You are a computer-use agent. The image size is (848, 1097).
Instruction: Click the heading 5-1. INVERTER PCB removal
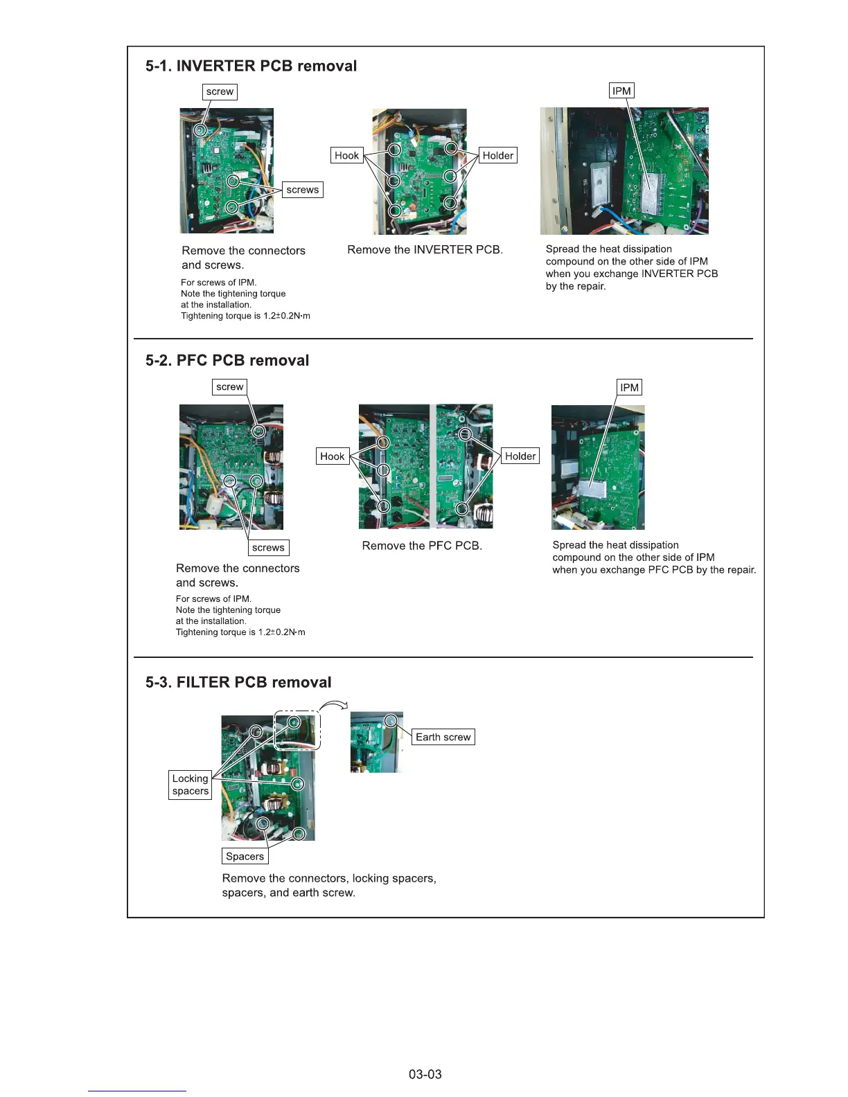point(251,66)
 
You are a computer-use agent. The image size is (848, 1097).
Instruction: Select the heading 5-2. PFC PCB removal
point(227,361)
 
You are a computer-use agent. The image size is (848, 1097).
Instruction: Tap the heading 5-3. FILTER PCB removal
point(238,683)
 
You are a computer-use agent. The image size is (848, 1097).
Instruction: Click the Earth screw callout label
point(443,738)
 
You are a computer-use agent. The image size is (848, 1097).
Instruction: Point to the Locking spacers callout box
point(191,785)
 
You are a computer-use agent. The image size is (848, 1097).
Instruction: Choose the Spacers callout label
point(245,857)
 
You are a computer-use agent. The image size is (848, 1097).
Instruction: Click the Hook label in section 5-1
point(346,156)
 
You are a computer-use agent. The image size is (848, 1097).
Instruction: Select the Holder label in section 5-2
point(520,456)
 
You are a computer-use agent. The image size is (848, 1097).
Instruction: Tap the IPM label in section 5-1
point(621,91)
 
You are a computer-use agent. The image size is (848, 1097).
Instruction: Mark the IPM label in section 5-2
point(629,388)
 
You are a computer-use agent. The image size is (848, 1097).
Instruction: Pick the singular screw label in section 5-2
point(229,387)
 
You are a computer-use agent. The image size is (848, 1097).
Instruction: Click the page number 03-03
point(425,1075)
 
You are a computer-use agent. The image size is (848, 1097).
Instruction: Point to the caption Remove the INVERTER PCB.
point(425,250)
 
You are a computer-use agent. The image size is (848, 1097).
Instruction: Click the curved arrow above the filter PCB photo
point(334,706)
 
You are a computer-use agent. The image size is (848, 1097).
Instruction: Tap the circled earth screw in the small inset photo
point(392,721)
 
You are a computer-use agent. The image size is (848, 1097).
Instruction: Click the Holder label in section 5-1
point(497,156)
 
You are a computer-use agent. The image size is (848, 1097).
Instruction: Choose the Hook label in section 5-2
point(333,456)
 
